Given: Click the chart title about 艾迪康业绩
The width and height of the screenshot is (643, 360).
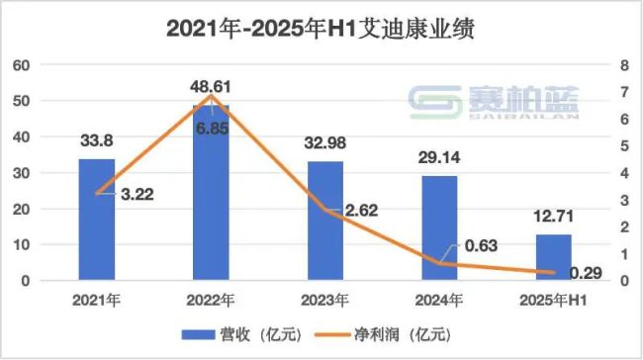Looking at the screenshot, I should pyautogui.click(x=321, y=30).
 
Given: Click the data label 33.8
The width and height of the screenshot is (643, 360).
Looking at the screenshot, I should pyautogui.click(x=96, y=139).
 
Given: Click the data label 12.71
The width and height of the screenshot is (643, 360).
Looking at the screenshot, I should pyautogui.click(x=555, y=215).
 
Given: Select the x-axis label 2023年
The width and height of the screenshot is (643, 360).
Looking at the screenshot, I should pyautogui.click(x=325, y=299).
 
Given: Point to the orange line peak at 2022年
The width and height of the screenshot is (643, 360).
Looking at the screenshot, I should pyautogui.click(x=211, y=96).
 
